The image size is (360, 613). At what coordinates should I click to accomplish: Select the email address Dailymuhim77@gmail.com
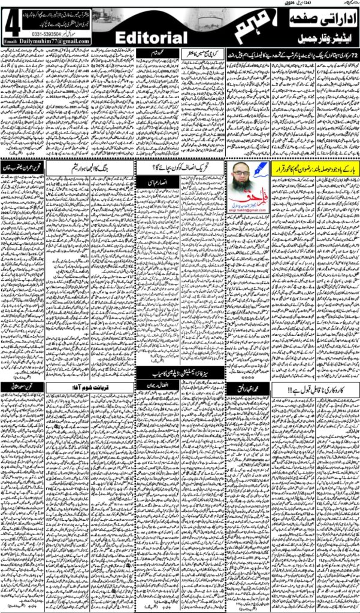click(56, 41)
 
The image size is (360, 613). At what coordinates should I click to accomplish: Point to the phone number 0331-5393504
click(64, 35)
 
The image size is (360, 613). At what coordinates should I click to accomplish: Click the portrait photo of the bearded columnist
click(247, 179)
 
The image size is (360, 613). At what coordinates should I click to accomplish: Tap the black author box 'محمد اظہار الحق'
click(247, 390)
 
